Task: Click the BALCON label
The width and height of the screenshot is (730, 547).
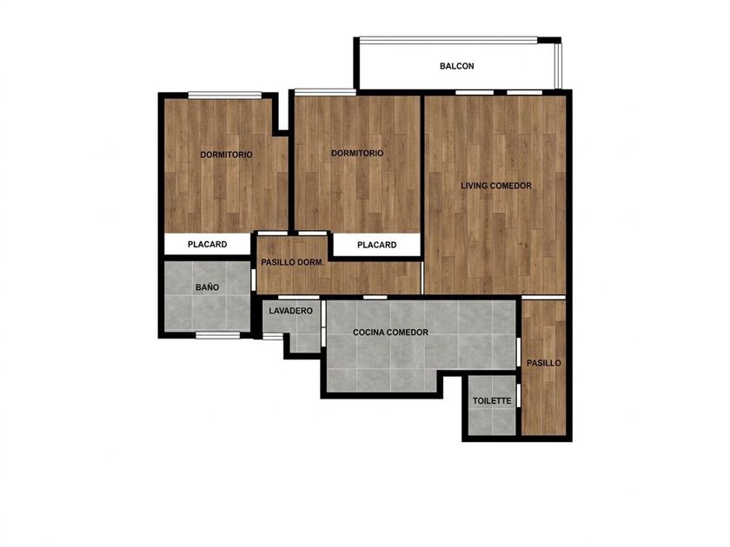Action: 457,66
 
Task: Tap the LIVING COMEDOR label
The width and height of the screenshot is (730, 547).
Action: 496,186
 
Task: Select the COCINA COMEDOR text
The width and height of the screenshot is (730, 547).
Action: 390,333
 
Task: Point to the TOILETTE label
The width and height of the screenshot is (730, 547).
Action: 492,400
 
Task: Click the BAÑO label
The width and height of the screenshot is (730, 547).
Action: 207,287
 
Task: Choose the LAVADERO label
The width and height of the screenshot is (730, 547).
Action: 290,311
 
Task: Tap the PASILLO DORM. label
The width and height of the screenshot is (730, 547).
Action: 292,262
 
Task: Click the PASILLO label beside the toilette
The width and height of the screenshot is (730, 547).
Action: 543,363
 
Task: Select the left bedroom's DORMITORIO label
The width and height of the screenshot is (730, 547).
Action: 226,155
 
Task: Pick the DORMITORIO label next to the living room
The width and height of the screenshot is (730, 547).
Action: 357,153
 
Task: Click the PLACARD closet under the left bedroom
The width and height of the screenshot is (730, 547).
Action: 207,244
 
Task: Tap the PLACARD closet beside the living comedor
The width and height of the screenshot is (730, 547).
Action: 376,245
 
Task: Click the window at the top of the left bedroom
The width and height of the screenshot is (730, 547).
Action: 225,96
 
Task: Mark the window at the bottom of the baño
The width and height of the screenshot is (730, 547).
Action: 217,335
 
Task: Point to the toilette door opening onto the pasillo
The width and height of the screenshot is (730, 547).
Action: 519,396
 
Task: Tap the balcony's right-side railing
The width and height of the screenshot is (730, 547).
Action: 558,66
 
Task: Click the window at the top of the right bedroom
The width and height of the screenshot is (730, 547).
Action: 325,92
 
